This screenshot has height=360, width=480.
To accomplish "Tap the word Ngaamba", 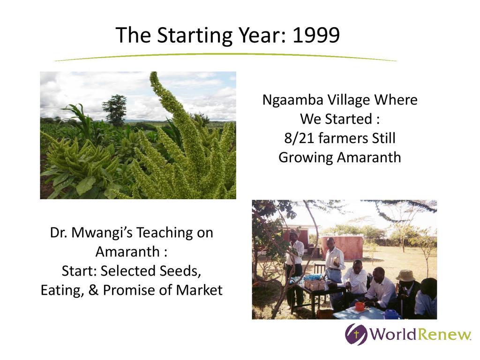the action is [x=292, y=100].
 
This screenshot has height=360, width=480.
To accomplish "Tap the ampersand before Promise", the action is [x=93, y=290].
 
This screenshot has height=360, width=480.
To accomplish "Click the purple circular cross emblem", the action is [x=356, y=334].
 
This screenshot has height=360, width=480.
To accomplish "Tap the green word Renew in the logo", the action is [x=445, y=334].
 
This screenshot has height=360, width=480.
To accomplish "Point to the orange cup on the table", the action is [x=360, y=306].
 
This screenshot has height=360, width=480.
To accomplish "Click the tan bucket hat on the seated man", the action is [x=405, y=276].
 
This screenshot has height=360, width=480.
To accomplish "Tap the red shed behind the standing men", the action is [x=342, y=247].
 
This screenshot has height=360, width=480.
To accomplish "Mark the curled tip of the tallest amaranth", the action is [x=154, y=76].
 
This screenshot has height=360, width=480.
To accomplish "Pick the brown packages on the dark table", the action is [x=315, y=285].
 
